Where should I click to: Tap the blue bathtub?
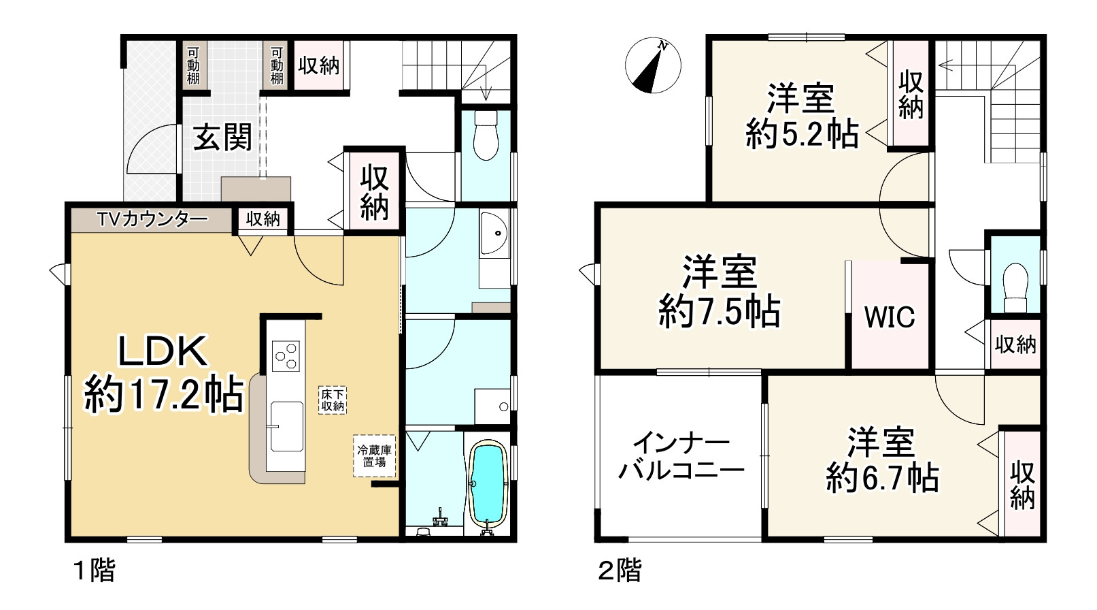486,484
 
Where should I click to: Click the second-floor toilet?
1015,286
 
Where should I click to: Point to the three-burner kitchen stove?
286,355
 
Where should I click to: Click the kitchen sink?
286,426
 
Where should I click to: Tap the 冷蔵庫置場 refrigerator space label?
374,455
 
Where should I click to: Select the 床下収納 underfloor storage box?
333,400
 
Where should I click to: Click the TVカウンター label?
152,219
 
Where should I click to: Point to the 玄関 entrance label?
222,138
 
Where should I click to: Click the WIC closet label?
889,317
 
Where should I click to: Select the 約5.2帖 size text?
802,134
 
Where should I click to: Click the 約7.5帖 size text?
719,312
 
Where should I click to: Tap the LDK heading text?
163,352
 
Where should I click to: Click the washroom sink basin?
493,232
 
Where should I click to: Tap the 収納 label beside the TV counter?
263,219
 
